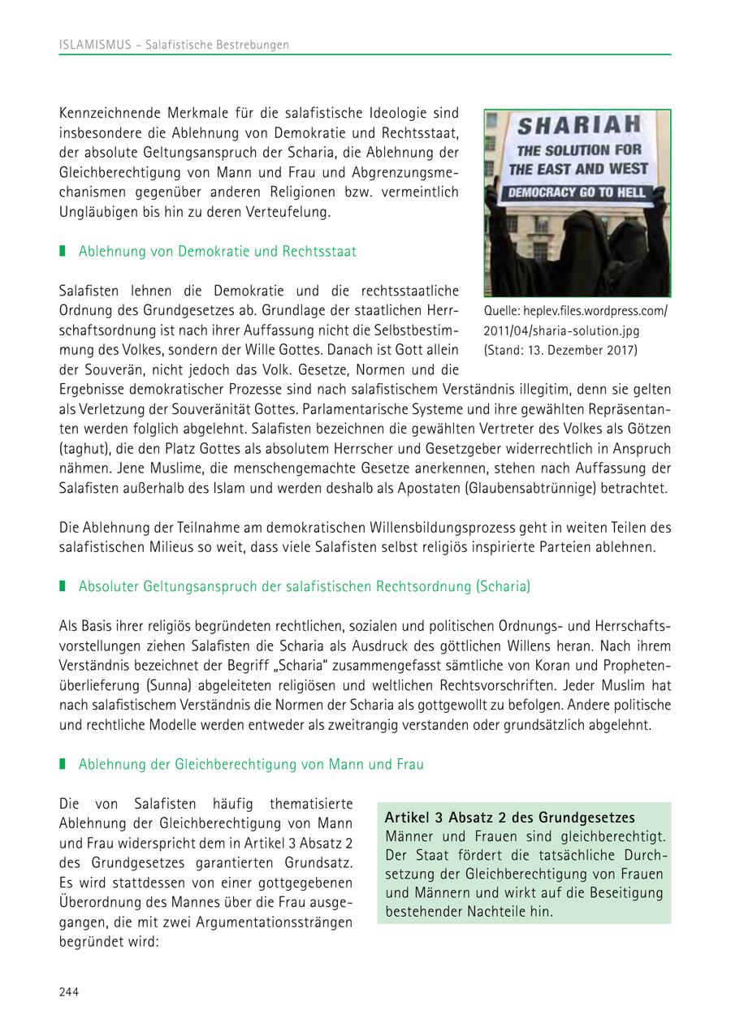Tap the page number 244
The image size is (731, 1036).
(x=69, y=991)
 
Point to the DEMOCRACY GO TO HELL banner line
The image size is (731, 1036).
(x=577, y=192)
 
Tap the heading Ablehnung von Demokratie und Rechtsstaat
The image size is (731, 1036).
(x=217, y=252)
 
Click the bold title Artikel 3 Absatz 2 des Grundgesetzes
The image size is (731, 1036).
(x=510, y=818)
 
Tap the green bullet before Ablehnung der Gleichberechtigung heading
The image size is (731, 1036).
(x=63, y=765)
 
